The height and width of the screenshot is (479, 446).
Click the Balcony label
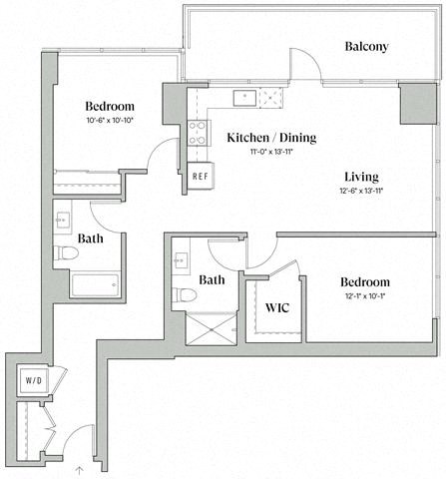[x=365, y=47]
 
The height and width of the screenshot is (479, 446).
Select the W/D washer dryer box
[x=31, y=378]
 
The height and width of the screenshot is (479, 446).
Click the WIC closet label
[x=276, y=306]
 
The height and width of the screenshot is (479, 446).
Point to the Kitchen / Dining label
[x=271, y=138]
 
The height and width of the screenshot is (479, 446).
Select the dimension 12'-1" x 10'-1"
[x=364, y=296]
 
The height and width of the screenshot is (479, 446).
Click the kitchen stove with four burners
[x=198, y=133]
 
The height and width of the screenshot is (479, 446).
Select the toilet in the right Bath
[x=182, y=295]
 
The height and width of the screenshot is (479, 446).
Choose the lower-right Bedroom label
[x=364, y=282]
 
